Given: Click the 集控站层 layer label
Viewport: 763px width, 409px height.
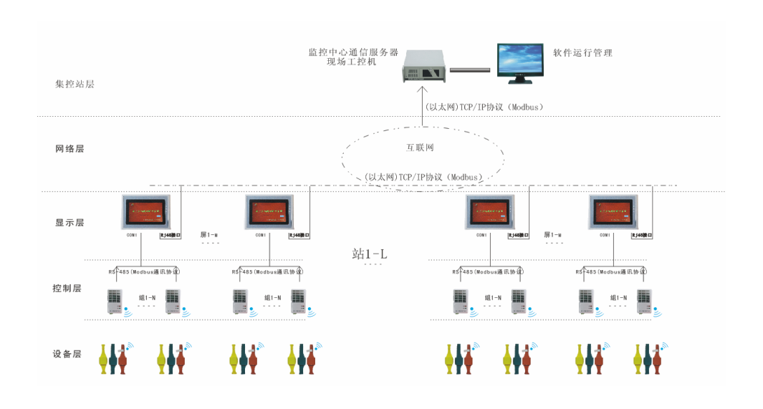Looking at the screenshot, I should point(75,84).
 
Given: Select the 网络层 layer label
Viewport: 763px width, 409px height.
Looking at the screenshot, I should point(69,149).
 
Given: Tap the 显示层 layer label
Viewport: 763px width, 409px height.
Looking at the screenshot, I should point(69,223).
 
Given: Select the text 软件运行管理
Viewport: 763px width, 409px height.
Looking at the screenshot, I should point(582,53).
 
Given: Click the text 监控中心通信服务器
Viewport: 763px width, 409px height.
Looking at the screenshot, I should point(352,52).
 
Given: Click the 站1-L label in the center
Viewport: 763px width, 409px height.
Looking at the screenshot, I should point(370,254).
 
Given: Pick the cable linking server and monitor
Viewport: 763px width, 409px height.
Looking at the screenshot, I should point(469,69).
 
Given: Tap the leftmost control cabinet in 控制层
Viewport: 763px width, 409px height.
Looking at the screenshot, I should point(115,302).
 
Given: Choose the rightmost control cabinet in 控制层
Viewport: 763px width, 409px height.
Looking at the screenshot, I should point(645,302).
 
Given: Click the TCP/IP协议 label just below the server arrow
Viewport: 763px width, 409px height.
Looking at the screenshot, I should point(484,107).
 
